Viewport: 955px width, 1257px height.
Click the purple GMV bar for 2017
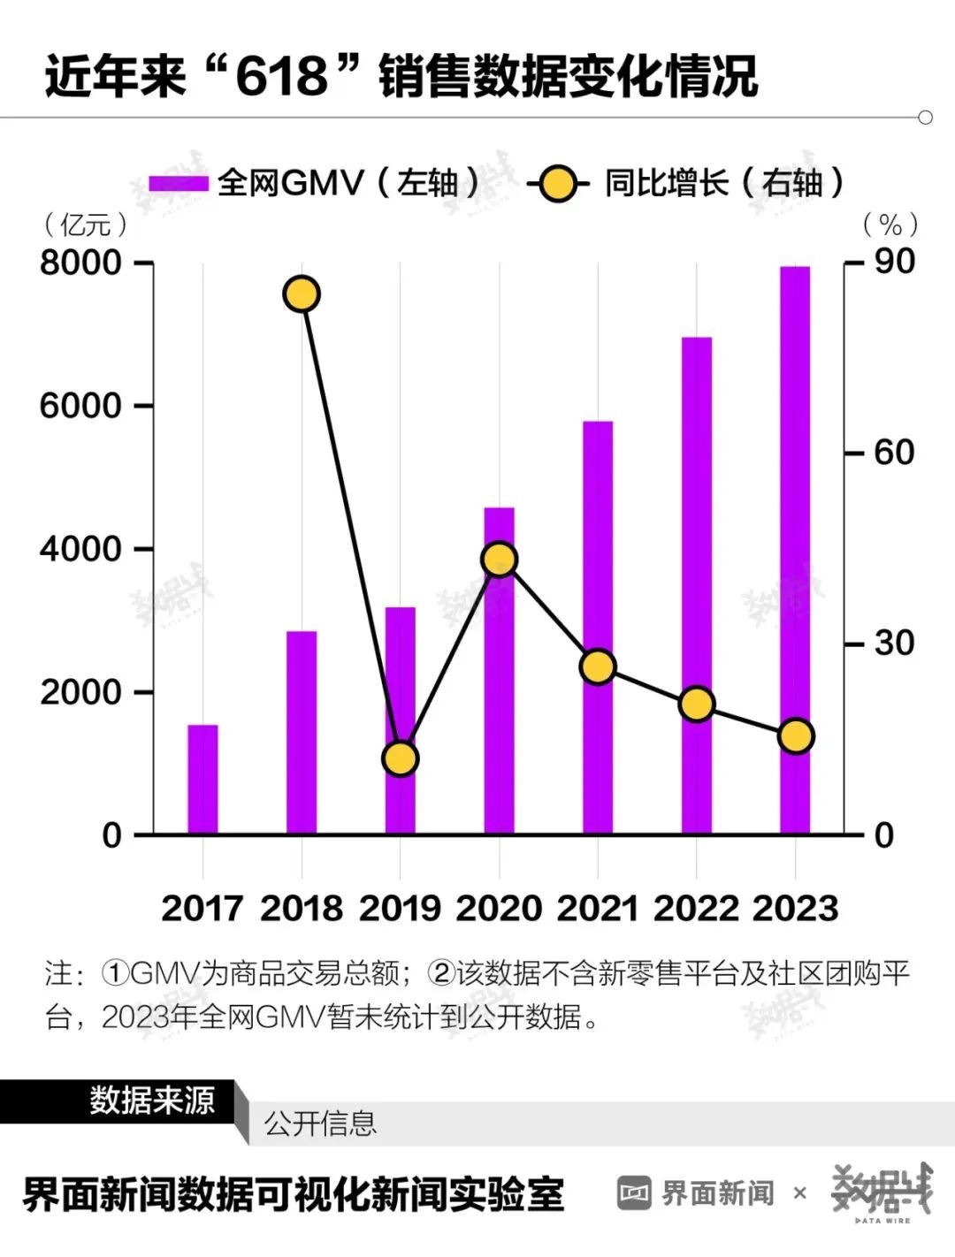click(x=202, y=779)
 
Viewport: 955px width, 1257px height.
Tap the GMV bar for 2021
click(x=598, y=628)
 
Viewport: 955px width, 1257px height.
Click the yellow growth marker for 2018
click(x=302, y=294)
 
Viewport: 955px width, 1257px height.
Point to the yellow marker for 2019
click(x=400, y=758)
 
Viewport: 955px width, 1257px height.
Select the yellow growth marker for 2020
click(x=500, y=560)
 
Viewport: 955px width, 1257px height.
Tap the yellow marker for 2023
click(x=795, y=736)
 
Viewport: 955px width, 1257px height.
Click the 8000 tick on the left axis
click(x=80, y=263)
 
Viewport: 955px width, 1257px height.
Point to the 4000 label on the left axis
click(x=80, y=549)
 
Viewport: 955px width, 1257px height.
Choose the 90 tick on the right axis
click(x=893, y=262)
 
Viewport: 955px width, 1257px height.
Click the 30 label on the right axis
click(x=893, y=644)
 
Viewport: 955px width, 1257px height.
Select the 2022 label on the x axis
click(x=696, y=909)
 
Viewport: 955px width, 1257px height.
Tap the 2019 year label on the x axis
click(x=400, y=909)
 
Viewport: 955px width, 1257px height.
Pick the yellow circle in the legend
click(x=558, y=184)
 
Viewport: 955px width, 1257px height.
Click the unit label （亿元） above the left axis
click(x=85, y=225)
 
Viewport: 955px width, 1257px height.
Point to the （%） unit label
click(x=890, y=225)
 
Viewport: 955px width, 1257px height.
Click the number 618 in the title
click(x=281, y=76)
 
